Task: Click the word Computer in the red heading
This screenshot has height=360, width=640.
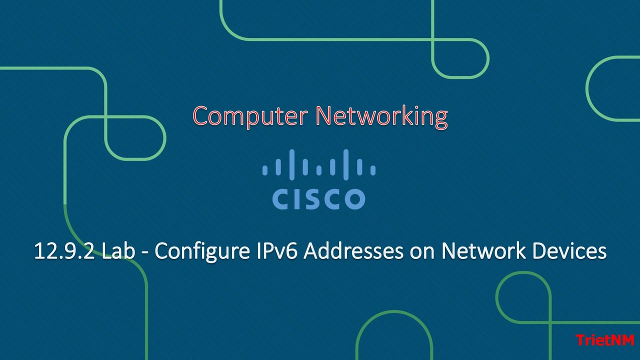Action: pos(251,116)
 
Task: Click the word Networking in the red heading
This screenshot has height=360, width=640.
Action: pos(381,116)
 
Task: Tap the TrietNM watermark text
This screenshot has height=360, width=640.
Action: pos(605,340)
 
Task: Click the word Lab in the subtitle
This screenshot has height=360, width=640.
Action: pos(118,251)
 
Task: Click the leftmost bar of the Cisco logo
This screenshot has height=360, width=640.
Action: pos(264,170)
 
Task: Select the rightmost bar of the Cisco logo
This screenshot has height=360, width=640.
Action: pos(373,170)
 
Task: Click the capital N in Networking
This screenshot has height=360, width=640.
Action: pos(324,116)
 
